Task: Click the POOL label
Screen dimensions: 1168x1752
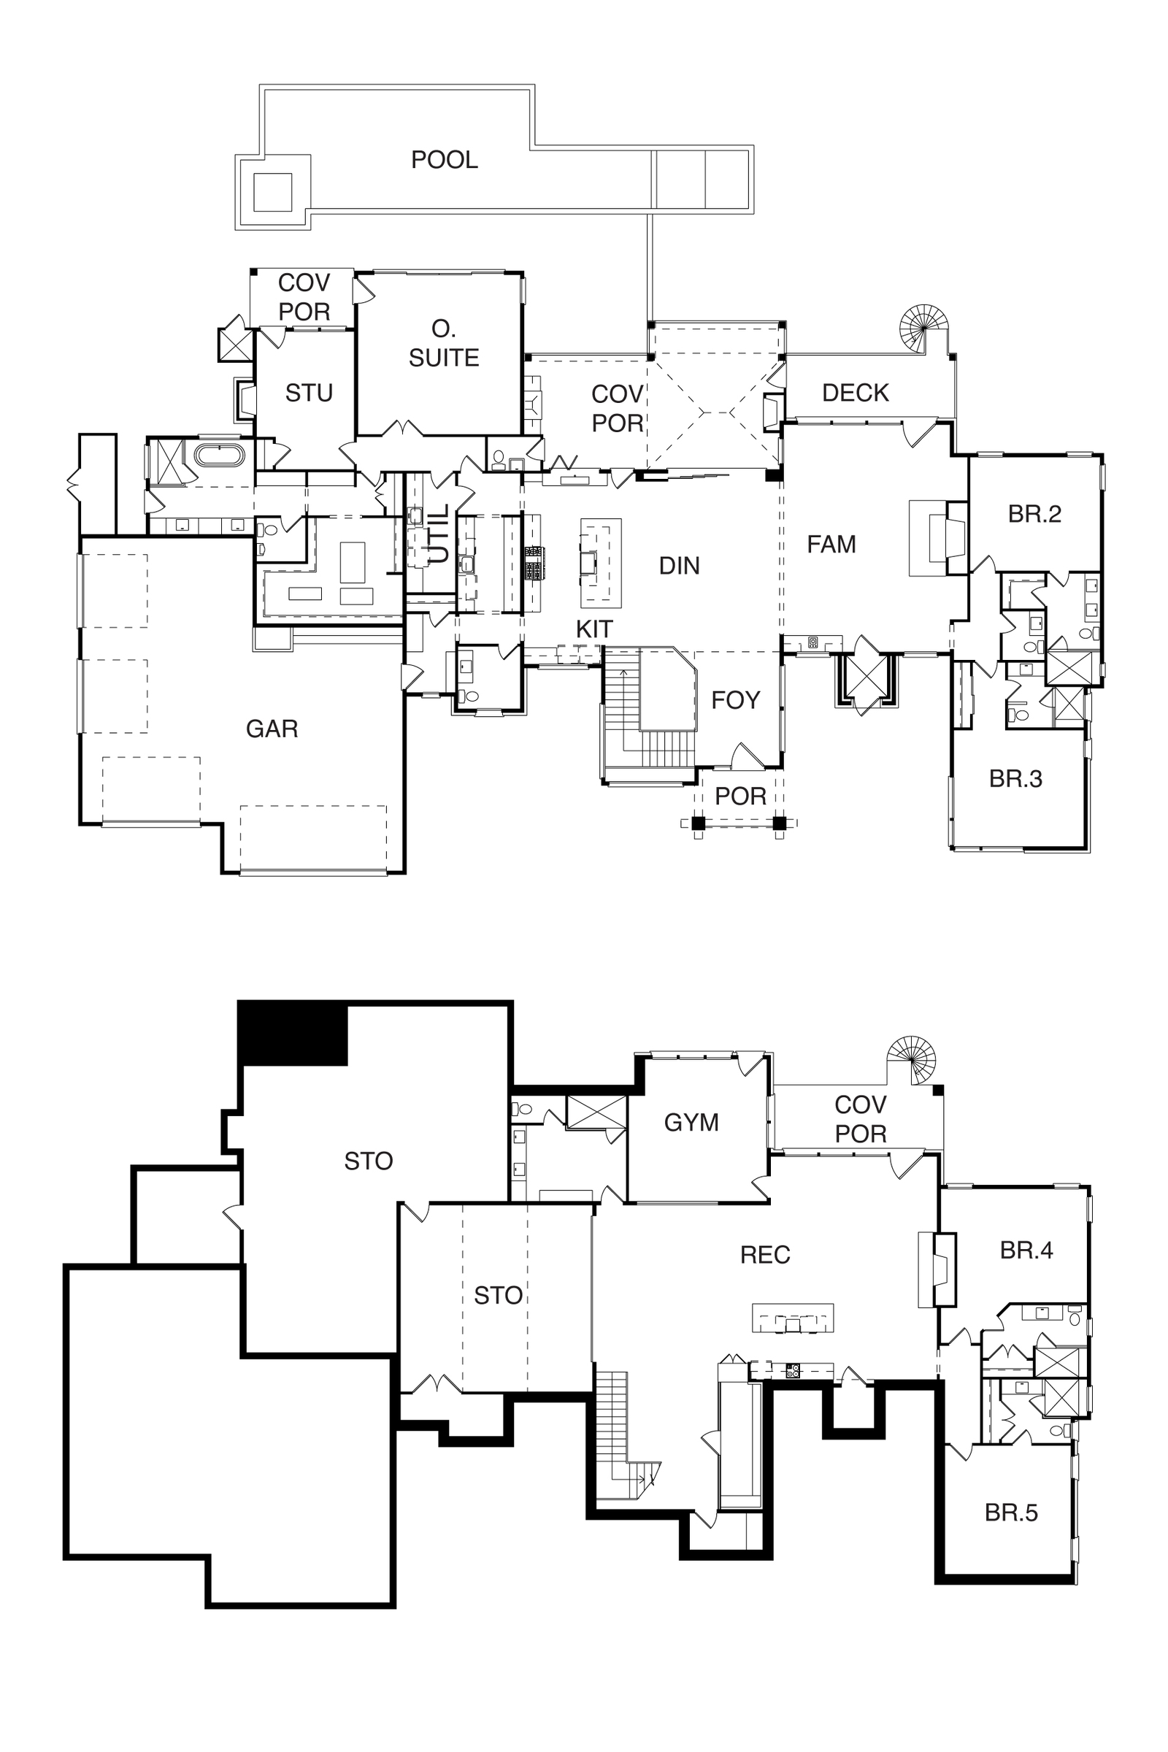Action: coord(445,159)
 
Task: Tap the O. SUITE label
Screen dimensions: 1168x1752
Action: coord(444,343)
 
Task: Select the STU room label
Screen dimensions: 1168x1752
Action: coord(308,393)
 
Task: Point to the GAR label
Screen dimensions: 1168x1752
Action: coord(272,729)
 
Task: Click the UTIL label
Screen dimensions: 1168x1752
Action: coord(439,534)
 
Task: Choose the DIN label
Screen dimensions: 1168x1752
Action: coord(680,566)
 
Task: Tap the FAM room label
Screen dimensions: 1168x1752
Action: coord(831,545)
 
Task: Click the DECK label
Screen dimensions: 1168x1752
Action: coord(855,393)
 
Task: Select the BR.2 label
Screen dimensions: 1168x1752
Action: coord(1034,514)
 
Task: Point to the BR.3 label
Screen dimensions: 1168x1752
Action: coord(1015,778)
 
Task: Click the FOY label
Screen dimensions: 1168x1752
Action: coord(735,700)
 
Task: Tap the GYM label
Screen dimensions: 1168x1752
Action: coord(691,1123)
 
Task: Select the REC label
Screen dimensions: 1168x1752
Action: coord(765,1255)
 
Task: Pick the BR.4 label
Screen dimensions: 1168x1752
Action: coord(1026,1250)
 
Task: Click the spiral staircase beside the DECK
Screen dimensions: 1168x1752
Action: coord(923,327)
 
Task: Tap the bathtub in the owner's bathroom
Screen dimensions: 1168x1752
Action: coord(219,455)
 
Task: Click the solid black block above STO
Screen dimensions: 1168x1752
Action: coord(293,1034)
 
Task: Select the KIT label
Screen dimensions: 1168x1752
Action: coord(593,629)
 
